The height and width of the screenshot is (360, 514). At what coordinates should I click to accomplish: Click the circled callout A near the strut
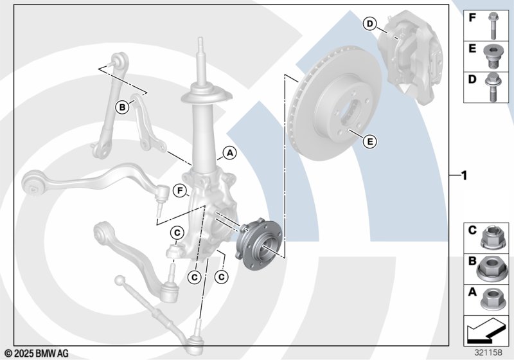(230, 153)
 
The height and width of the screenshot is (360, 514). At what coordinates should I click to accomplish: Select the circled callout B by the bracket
(122, 107)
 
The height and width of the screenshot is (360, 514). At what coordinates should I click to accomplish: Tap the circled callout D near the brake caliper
(370, 24)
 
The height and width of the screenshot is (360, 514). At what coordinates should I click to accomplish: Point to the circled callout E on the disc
(370, 141)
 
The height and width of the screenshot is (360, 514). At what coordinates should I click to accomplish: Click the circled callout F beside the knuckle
(180, 190)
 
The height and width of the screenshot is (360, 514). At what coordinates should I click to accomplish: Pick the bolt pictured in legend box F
(493, 26)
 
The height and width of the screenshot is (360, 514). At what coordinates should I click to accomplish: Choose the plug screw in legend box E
(492, 57)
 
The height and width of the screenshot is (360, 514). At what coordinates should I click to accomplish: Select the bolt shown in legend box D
(492, 87)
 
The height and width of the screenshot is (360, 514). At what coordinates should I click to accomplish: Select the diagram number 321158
(488, 352)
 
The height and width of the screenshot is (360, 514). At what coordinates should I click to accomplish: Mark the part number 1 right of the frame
(463, 175)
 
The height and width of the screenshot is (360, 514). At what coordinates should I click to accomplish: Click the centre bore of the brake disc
(350, 112)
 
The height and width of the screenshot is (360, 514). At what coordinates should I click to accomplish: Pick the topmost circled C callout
(177, 233)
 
